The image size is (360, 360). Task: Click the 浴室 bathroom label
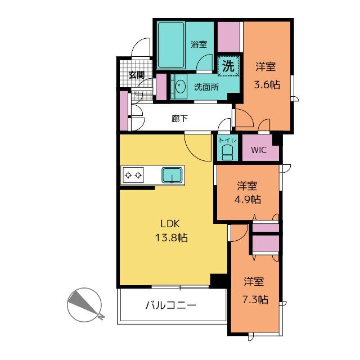199,44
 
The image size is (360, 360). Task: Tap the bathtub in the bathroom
171,45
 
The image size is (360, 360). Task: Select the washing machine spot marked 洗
228,66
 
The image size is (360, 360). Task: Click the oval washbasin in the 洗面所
180,87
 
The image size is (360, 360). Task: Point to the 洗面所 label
206,87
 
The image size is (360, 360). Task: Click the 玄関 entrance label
136,75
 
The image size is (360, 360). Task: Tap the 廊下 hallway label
179,119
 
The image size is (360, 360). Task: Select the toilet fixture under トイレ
227,152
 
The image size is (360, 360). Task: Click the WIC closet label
259,150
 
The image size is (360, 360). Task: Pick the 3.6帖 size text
267,85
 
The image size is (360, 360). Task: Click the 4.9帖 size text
247,200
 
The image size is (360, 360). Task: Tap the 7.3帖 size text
255,300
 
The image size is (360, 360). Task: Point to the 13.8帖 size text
172,237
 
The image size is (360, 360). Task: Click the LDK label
170,224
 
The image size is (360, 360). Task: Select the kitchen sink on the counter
172,175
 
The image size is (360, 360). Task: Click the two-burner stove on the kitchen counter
133,175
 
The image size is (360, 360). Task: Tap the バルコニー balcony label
171,305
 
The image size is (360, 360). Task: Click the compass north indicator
84,305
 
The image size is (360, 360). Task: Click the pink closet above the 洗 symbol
229,37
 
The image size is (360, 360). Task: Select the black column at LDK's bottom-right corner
219,280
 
